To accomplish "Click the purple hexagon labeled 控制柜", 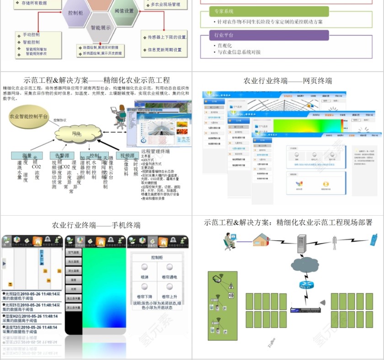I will [x=75, y=13].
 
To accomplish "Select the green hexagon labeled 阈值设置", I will [x=124, y=11].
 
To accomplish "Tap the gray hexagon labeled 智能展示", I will [x=101, y=27].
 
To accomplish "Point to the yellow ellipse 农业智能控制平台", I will [x=29, y=116].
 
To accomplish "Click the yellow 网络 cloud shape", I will [x=78, y=133].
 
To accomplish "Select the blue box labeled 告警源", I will [x=62, y=156].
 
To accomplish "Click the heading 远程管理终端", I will [x=155, y=151].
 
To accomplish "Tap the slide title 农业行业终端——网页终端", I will [x=288, y=81].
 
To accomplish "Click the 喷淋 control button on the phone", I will [x=144, y=271].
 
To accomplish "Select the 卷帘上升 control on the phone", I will [x=170, y=291].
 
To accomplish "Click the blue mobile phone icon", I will [x=373, y=239].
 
